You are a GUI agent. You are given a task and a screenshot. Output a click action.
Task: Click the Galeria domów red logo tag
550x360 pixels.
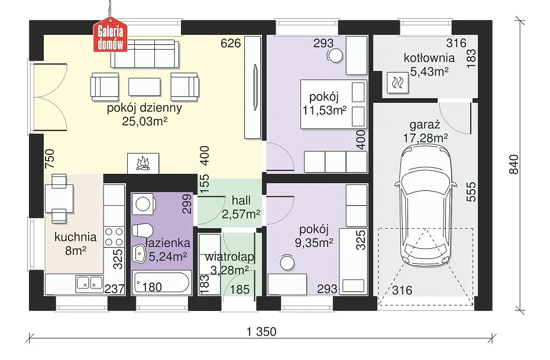point(110,34)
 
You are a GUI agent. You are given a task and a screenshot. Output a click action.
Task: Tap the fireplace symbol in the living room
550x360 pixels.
point(143,163)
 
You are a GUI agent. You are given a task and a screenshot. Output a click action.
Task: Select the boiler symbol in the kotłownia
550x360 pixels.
point(398,83)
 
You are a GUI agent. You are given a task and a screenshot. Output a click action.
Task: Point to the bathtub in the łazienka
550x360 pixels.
point(161,282)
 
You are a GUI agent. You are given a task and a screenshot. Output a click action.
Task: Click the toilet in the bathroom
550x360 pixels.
point(142,231)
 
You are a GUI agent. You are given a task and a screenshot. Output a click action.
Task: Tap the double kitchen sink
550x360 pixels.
point(89,283)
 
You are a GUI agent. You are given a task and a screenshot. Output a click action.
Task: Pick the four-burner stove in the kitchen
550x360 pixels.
point(114,237)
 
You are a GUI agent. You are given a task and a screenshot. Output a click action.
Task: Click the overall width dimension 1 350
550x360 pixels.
point(261,332)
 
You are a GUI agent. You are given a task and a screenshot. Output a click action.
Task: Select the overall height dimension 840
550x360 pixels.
point(513,164)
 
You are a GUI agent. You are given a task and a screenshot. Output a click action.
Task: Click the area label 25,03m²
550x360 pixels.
point(144,121)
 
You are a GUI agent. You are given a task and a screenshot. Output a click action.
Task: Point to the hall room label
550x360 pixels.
point(241,200)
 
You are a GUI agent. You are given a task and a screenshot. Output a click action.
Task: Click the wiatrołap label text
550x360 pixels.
point(229,257)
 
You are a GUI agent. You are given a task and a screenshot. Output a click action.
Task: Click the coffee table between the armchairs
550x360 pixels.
point(144,86)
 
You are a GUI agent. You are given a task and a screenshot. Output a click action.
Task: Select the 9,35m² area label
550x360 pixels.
point(314,242)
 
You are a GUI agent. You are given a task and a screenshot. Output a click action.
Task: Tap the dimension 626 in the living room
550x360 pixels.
point(231,43)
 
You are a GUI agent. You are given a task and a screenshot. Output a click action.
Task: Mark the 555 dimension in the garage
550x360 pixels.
point(471,192)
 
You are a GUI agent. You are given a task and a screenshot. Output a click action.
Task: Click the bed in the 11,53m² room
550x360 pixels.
point(334,104)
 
